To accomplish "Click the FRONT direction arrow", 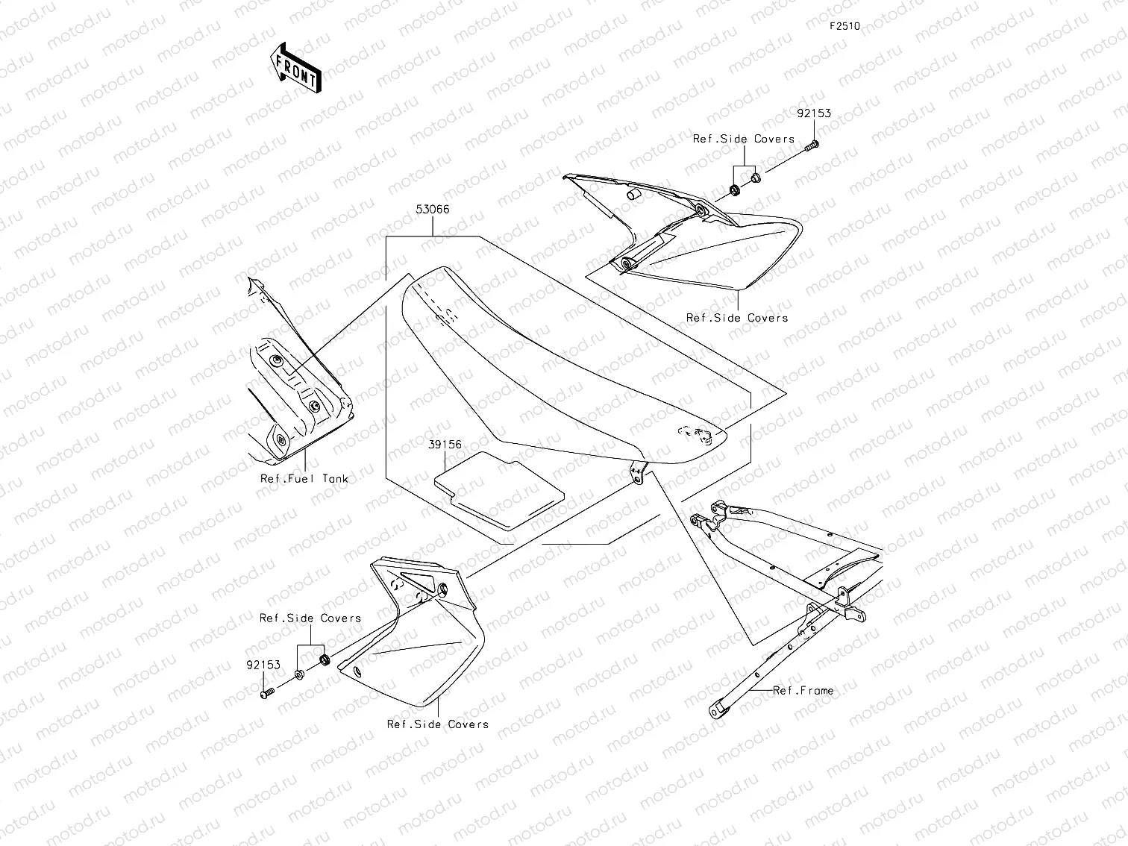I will pos(295,66).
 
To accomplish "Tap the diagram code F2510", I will pos(845,26).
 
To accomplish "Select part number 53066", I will pos(433,210).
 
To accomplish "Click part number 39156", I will pos(445,445).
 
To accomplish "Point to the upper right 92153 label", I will pos(812,114).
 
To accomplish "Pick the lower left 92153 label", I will pos(264,665).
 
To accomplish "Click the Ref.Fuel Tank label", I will pos(304,478).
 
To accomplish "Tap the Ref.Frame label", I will pos(803,691).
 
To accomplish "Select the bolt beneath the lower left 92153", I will pos(268,694).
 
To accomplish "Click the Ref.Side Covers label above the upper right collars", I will pos(743,139).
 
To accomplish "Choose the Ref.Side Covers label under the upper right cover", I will pos(736,318).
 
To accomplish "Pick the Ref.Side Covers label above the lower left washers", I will pos(310,618).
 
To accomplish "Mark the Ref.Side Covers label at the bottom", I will pos(437,724).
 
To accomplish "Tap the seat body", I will pos(552,373).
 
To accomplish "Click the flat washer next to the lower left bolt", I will pos(299,675).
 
